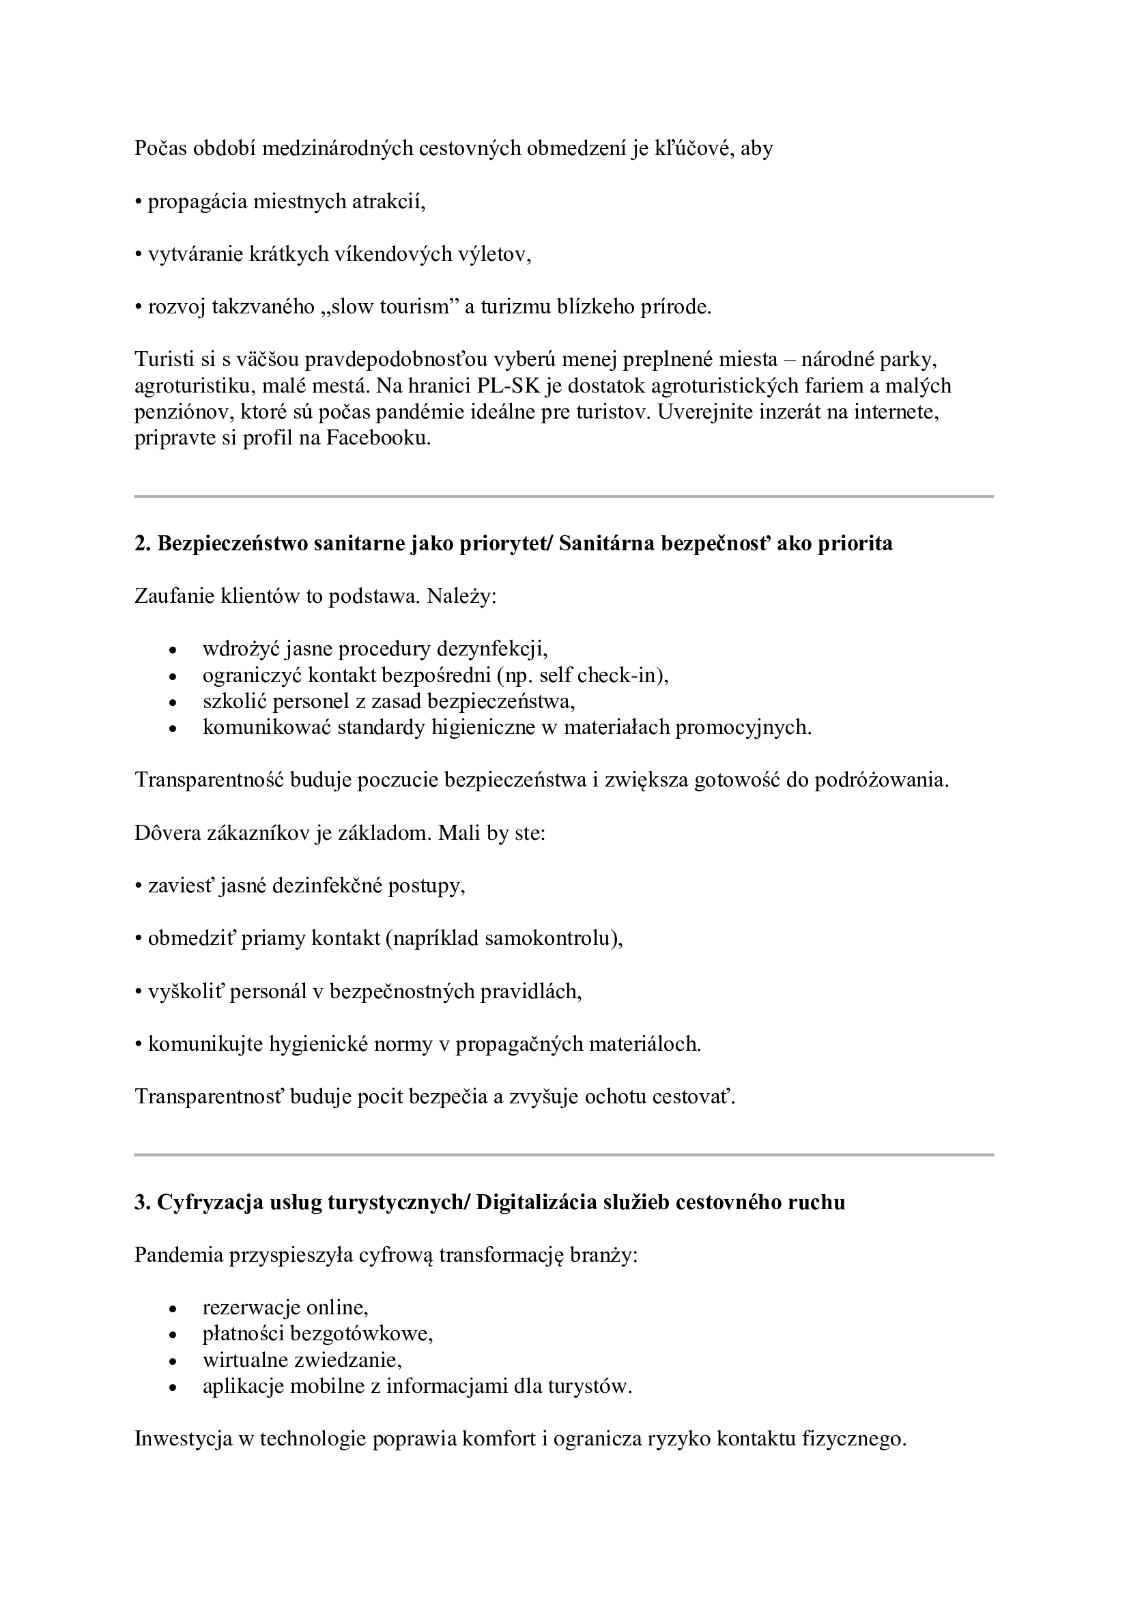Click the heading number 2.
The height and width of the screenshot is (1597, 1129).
142,543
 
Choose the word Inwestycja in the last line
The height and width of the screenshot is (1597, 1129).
183,1439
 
